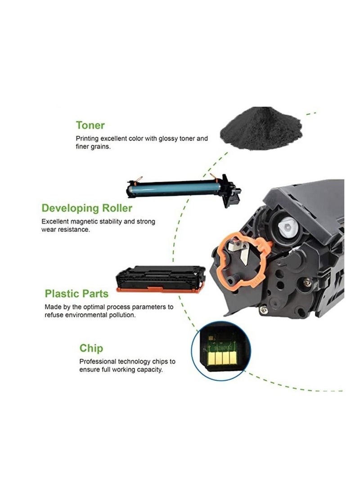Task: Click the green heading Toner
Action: coord(90,125)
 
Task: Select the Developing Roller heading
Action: coord(87,208)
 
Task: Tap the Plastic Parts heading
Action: coord(76,294)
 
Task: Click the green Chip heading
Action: coord(91,348)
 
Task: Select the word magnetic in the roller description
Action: coord(85,221)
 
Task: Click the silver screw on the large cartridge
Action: coord(307,282)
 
